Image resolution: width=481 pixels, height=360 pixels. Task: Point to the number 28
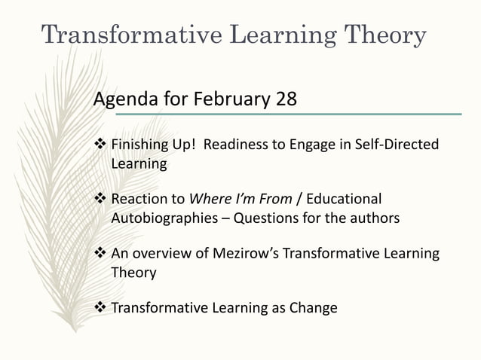(286, 99)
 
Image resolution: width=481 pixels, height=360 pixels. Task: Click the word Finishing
(139, 144)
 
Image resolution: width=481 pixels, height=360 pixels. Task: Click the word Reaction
(138, 200)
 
